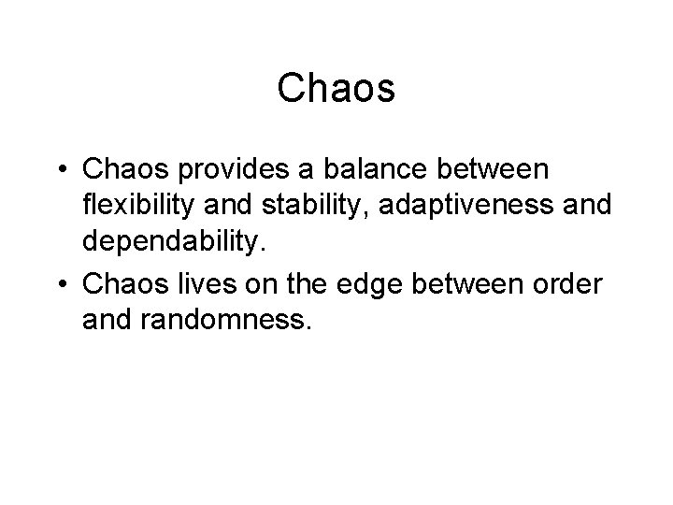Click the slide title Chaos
click(x=336, y=90)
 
